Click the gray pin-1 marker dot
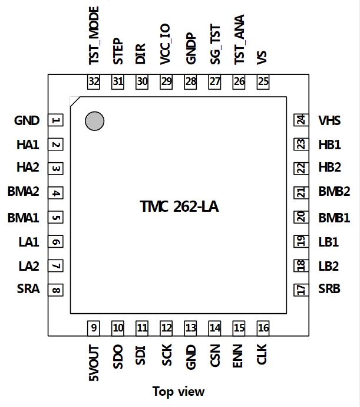click(x=95, y=121)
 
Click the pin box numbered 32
click(x=93, y=82)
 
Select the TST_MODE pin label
click(x=94, y=35)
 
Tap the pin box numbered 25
click(x=263, y=82)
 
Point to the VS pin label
click(x=262, y=58)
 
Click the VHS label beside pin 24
click(x=329, y=120)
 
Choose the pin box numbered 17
click(x=301, y=290)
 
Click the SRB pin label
click(x=329, y=288)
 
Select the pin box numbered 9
click(x=93, y=328)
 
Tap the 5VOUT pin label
click(x=94, y=363)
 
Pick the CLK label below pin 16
click(x=262, y=354)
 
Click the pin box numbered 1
click(x=55, y=120)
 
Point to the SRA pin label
click(x=28, y=288)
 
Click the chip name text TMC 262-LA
click(x=179, y=206)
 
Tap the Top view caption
click(x=179, y=392)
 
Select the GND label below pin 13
click(x=191, y=357)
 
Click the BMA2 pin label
click(x=24, y=191)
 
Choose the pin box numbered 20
click(x=301, y=217)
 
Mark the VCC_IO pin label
click(x=165, y=44)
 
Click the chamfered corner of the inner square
click(x=75, y=101)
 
